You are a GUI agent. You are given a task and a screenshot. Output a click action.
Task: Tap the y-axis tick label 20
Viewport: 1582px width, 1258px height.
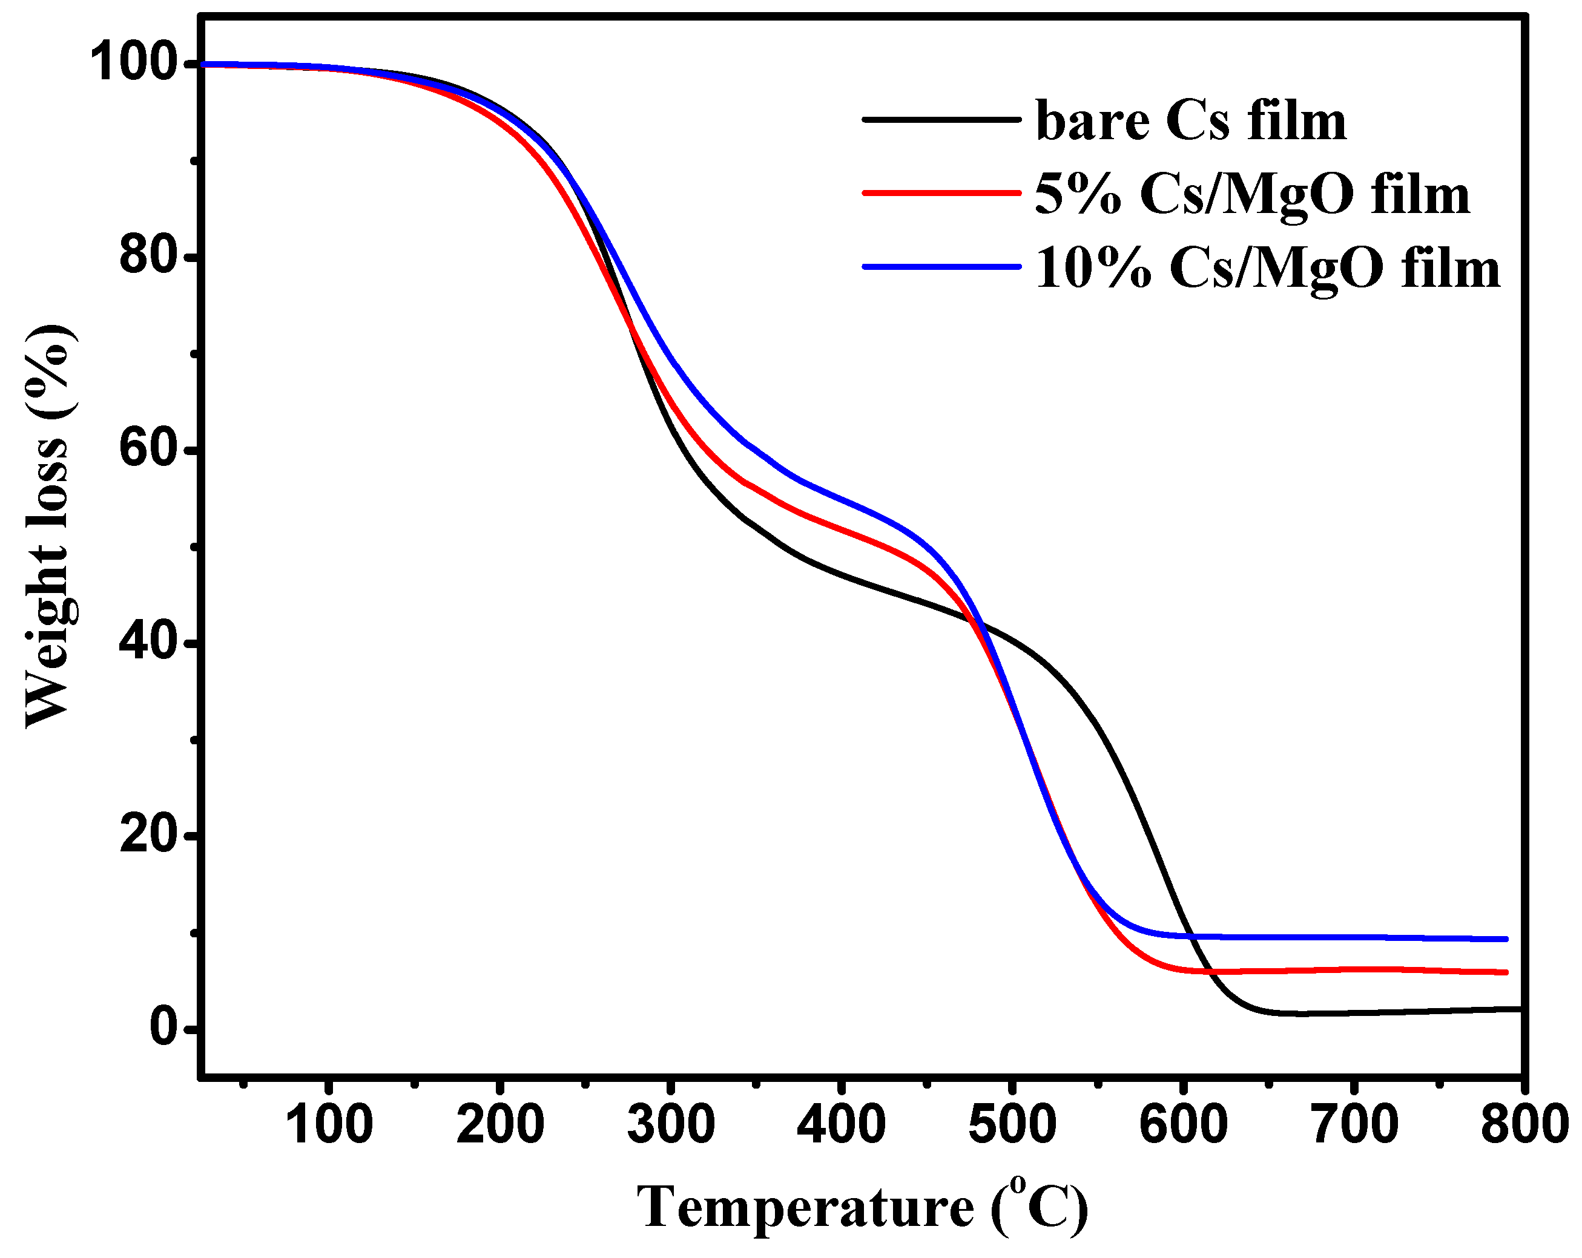coord(149,836)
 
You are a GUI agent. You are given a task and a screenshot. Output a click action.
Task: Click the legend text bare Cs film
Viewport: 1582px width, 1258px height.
coord(1190,121)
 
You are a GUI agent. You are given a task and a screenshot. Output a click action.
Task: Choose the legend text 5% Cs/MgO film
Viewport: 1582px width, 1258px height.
coord(1252,195)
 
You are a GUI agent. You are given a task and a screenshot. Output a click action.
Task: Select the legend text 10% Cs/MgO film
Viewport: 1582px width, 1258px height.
coord(1267,269)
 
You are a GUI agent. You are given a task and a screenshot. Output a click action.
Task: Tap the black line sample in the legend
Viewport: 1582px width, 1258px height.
coord(941,119)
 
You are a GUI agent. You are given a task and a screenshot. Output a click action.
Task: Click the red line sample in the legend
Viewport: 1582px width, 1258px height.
coord(941,193)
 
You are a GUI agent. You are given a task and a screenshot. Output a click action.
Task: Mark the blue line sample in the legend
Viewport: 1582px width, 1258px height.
coord(941,266)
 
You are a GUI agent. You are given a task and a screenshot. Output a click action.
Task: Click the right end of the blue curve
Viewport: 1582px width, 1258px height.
coord(1506,939)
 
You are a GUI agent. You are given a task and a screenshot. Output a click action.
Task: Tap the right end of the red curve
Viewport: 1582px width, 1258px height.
coord(1506,972)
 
